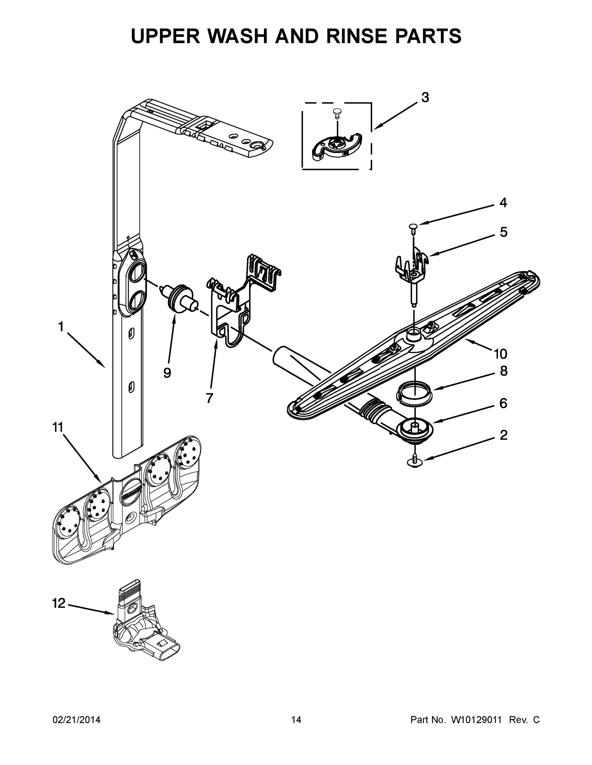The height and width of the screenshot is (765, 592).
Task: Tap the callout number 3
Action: [x=425, y=98]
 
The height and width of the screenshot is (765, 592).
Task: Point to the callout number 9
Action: [x=167, y=373]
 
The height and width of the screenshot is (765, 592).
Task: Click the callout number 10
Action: [x=500, y=354]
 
